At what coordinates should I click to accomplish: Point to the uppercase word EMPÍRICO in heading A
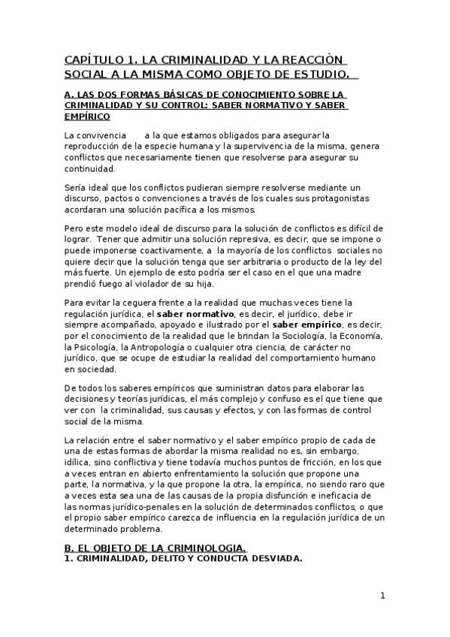click(x=87, y=116)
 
